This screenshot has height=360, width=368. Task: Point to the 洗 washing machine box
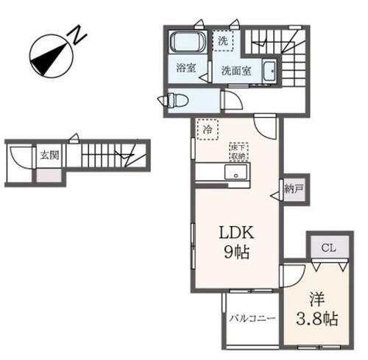pyautogui.click(x=222, y=41)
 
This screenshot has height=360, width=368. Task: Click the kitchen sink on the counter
pyautogui.click(x=236, y=174)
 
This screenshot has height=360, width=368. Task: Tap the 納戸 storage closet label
pyautogui.click(x=293, y=189)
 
